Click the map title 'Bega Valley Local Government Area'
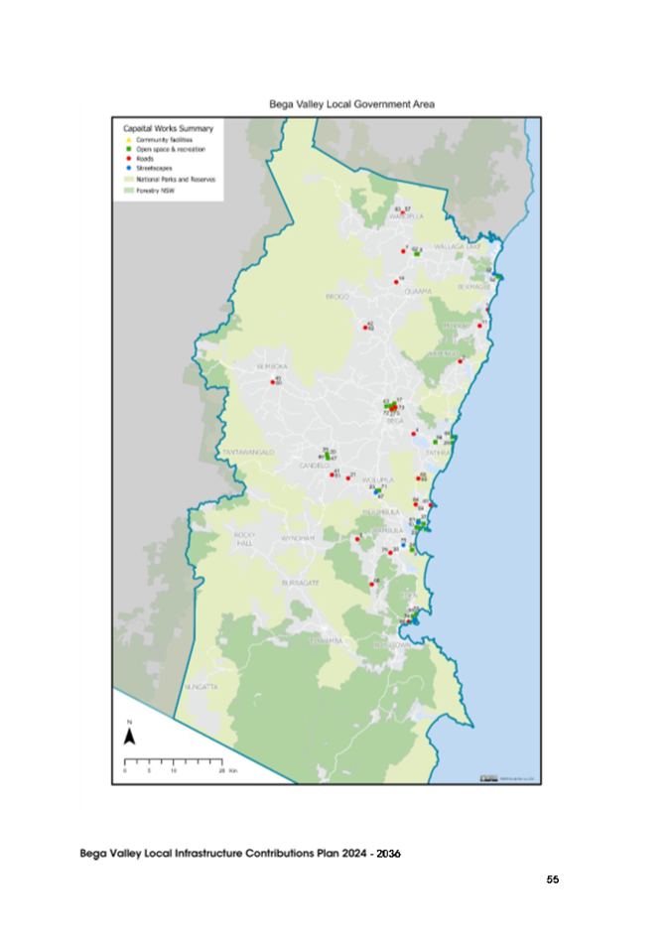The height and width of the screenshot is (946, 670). (351, 103)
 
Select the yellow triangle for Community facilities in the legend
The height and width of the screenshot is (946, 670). (128, 139)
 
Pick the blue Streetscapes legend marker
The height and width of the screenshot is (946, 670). (128, 167)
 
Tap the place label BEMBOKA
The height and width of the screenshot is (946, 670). (271, 366)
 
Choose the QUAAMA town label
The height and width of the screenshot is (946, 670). (418, 292)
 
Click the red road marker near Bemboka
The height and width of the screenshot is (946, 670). (273, 382)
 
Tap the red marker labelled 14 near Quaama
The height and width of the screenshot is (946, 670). (396, 281)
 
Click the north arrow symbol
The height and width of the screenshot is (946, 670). (129, 735)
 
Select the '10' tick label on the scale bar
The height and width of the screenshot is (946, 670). (173, 770)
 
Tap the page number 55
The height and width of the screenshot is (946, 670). (553, 879)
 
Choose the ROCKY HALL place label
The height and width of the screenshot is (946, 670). (245, 538)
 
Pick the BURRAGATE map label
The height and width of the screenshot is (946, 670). (300, 582)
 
